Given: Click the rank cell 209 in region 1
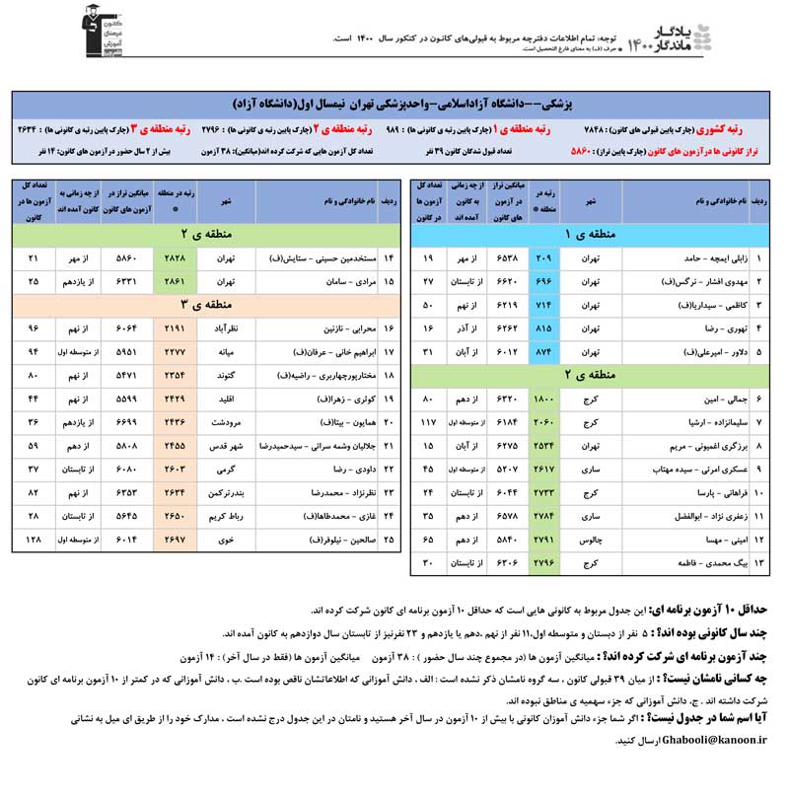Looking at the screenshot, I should (542, 258).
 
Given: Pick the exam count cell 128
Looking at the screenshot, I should (34, 540).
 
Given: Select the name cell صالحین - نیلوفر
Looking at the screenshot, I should (311, 541).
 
